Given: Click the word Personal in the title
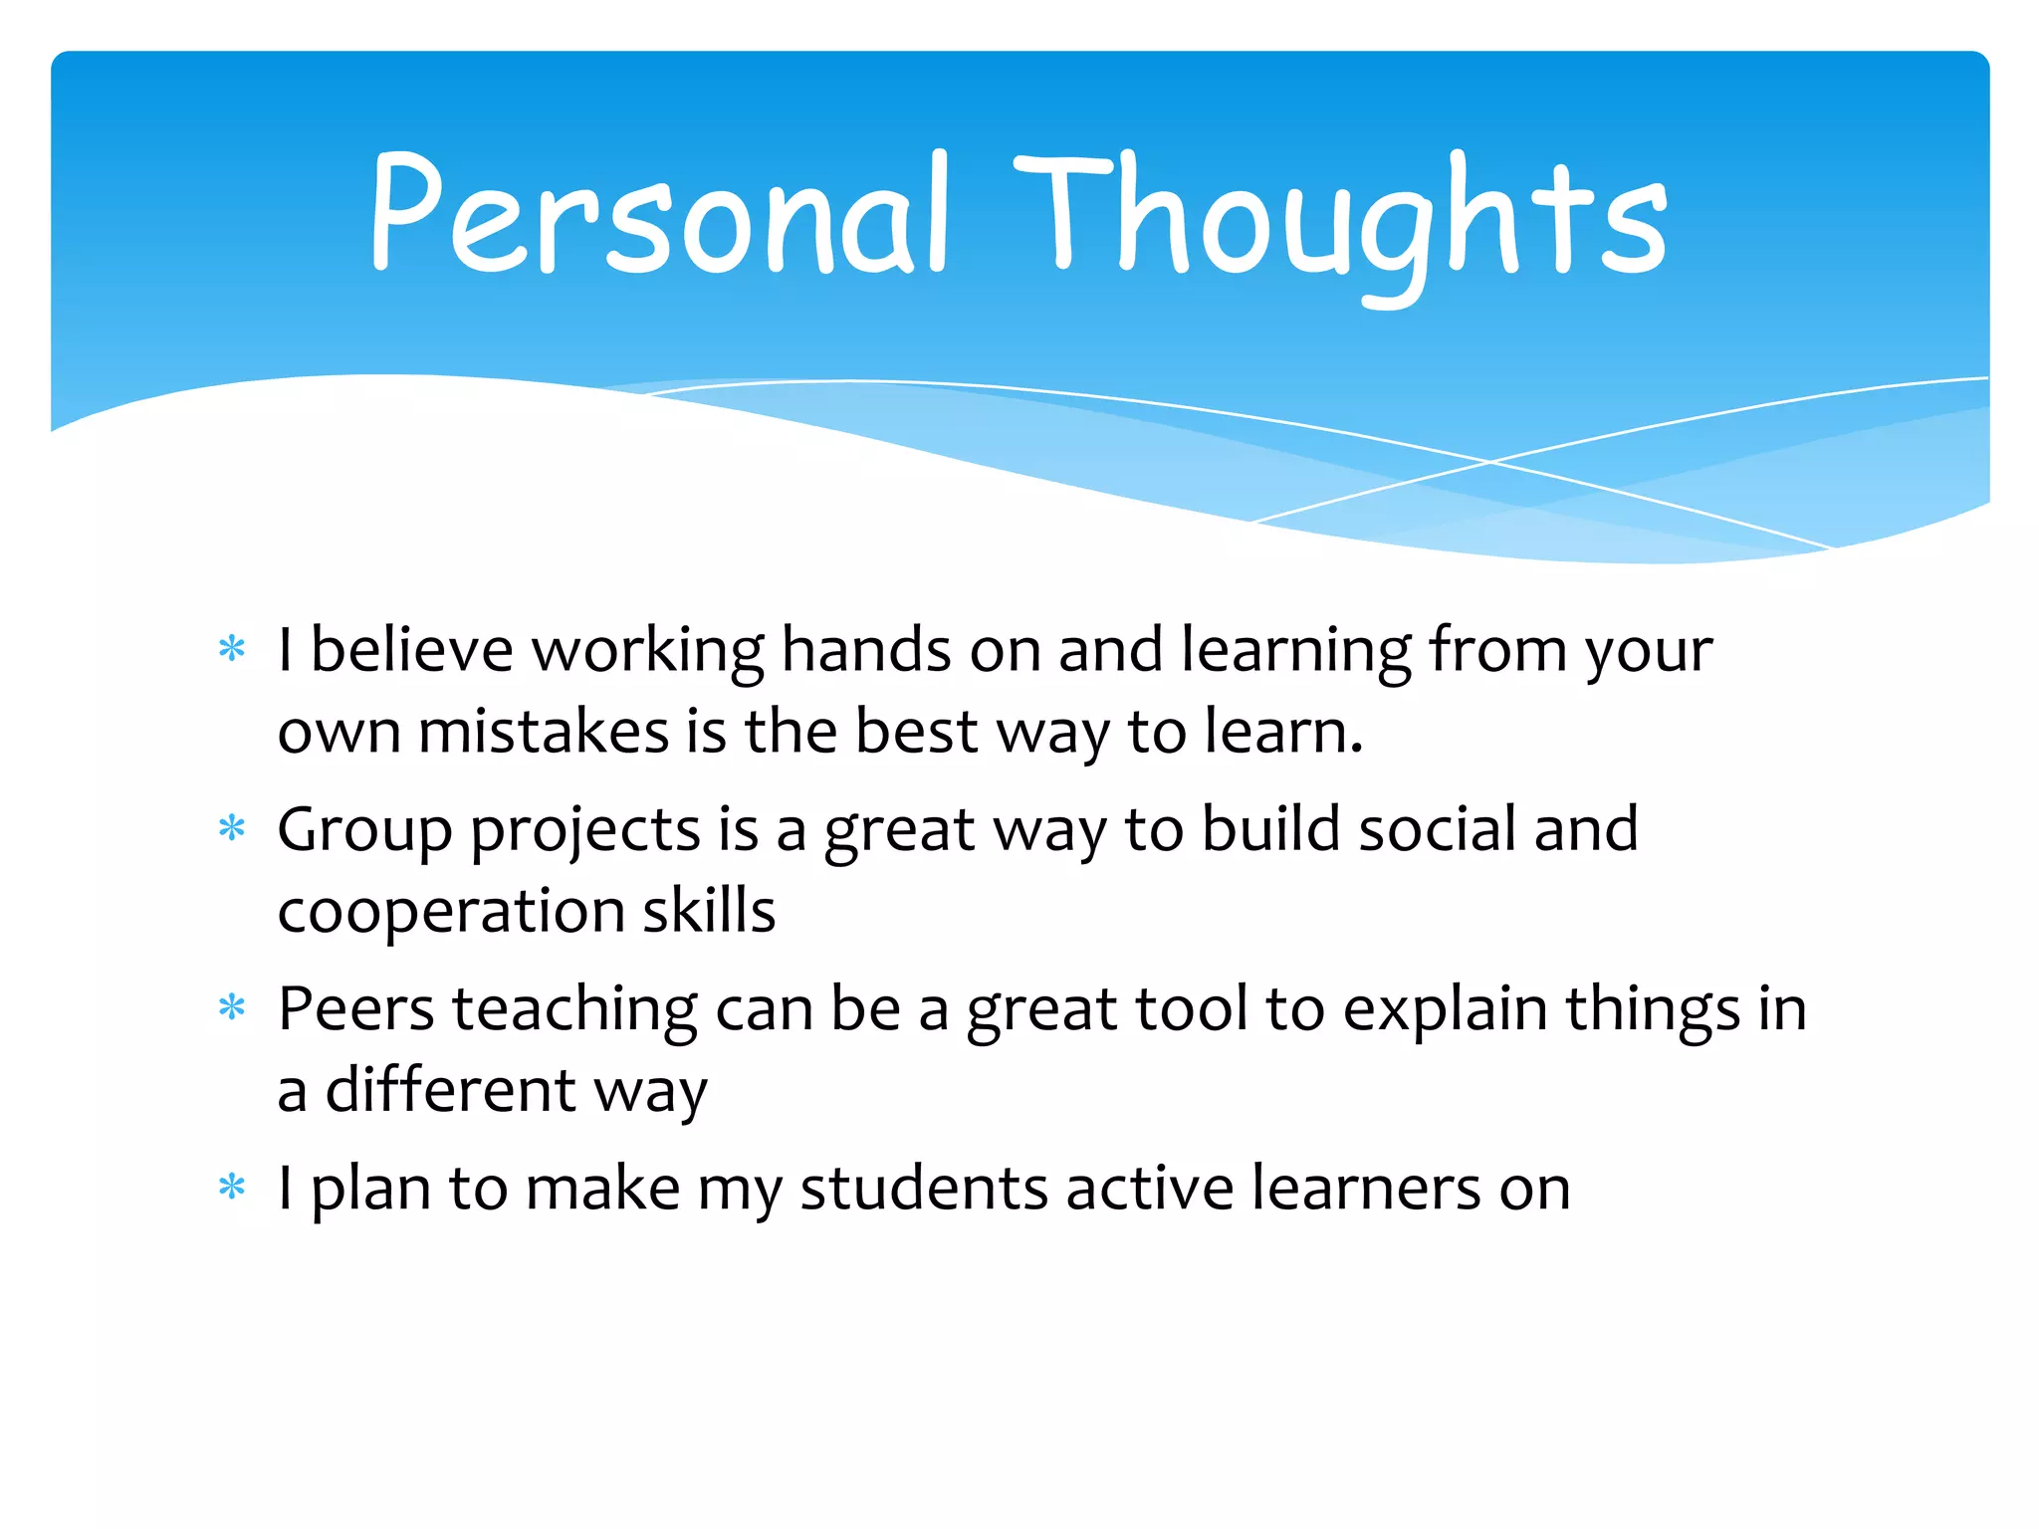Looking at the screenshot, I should [x=657, y=214].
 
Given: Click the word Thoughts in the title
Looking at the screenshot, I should [x=1339, y=219].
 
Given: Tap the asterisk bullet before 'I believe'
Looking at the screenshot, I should [x=232, y=649].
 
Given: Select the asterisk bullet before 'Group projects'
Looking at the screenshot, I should [x=232, y=828].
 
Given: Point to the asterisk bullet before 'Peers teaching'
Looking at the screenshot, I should [x=232, y=1007].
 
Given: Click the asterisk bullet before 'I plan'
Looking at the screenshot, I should [x=232, y=1187].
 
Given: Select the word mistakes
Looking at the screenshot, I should [x=543, y=732].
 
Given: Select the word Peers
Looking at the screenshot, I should [x=355, y=1009].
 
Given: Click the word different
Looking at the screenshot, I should [x=450, y=1089].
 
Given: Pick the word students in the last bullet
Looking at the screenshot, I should [x=923, y=1189].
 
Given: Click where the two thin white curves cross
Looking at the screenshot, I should [x=1490, y=462].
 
